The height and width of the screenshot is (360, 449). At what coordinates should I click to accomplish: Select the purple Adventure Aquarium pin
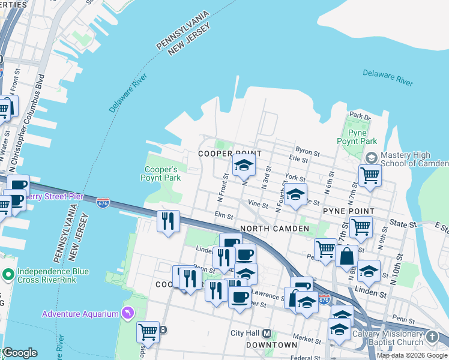(127, 313)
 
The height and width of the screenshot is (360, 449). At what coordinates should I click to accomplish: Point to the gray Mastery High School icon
(370, 158)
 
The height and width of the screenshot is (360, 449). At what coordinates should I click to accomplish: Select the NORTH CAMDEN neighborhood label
(274, 229)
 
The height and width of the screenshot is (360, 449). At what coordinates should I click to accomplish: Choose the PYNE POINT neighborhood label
(349, 211)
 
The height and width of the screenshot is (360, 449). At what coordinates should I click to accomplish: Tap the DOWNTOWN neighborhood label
(271, 345)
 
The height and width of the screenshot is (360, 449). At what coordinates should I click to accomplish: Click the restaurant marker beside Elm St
(169, 221)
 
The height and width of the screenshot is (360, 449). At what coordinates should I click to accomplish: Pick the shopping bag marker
(347, 256)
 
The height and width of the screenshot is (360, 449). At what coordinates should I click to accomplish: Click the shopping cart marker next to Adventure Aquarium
(148, 331)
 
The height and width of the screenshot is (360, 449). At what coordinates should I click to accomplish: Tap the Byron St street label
(305, 149)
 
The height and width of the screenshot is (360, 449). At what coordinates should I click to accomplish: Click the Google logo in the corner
(19, 353)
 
